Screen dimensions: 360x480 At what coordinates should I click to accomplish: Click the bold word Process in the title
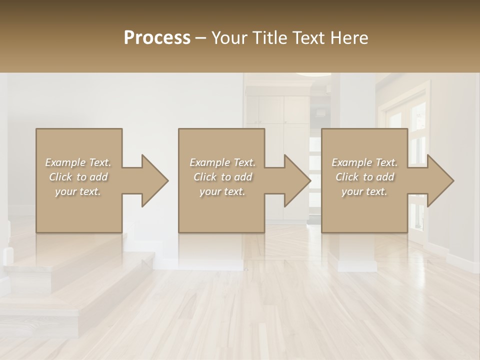(x=157, y=38)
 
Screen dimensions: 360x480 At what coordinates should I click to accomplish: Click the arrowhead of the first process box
(x=153, y=180)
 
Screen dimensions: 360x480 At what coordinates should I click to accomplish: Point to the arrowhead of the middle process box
(x=296, y=180)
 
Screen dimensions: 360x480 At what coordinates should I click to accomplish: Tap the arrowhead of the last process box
(x=439, y=180)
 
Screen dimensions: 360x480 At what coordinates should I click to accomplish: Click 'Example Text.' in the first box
(x=78, y=162)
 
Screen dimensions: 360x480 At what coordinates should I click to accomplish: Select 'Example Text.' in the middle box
(x=222, y=162)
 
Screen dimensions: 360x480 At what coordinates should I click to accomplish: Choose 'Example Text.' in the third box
(x=364, y=162)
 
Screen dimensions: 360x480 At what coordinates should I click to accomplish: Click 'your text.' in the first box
(x=78, y=191)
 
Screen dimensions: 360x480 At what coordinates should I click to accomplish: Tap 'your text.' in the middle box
(x=222, y=191)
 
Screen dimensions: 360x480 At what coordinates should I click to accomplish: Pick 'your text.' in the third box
(x=364, y=191)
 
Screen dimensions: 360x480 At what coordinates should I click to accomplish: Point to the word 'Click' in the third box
(x=347, y=177)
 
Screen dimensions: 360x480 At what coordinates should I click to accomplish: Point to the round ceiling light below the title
(x=312, y=74)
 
